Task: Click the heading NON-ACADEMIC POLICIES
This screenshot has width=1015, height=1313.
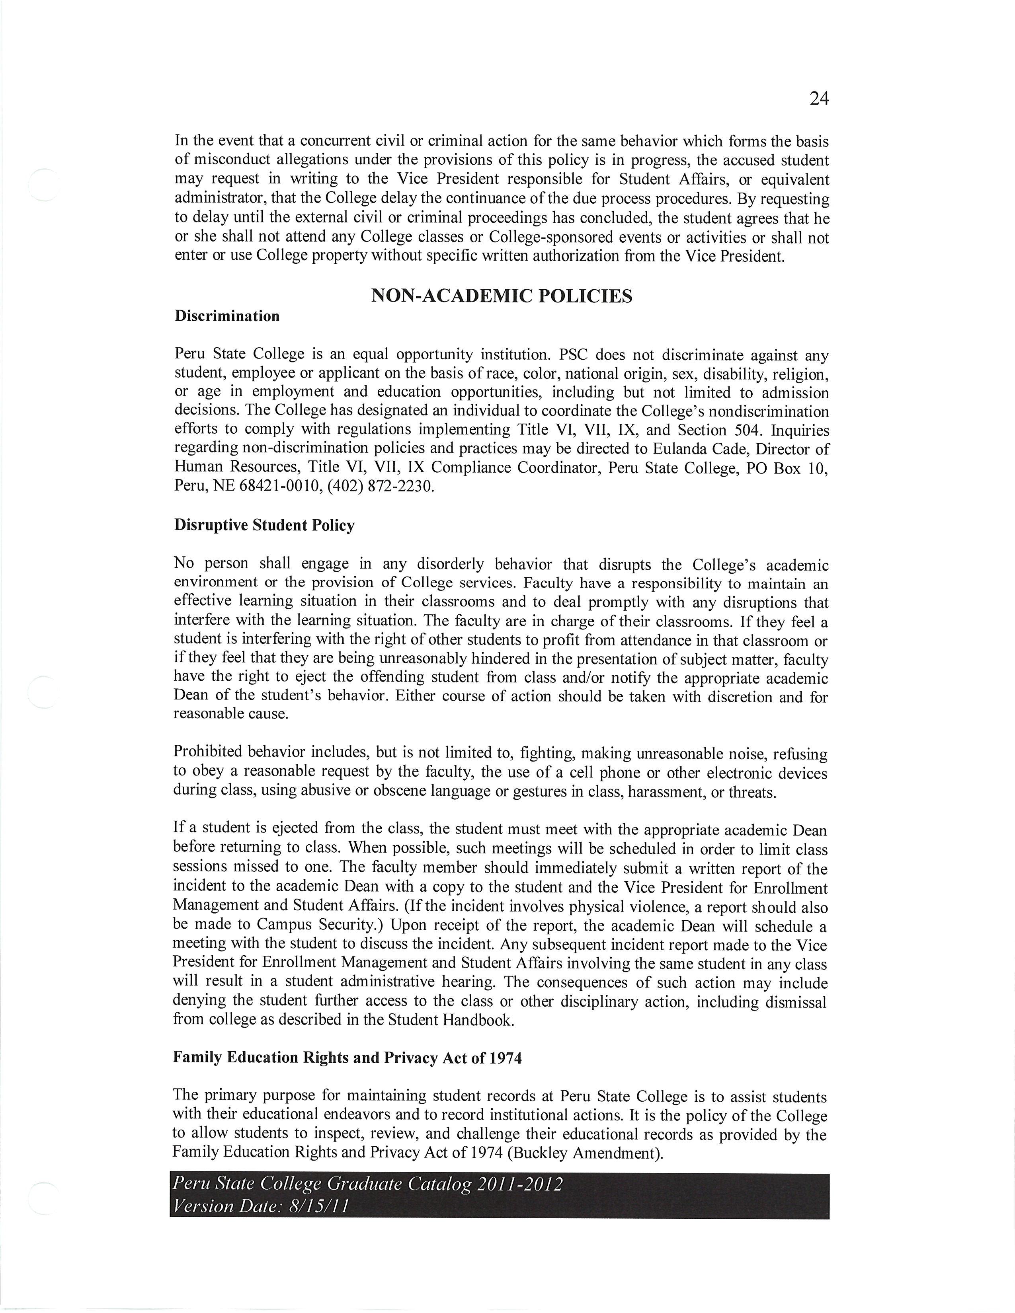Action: click(502, 296)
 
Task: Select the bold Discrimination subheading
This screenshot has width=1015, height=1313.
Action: click(227, 316)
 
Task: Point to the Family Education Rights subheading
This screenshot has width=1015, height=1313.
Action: click(347, 1058)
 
